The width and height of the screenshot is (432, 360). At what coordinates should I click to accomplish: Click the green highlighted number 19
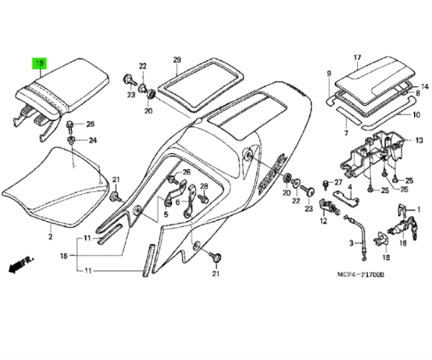coord(40,64)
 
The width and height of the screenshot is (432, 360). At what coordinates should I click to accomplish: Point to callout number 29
coord(176,59)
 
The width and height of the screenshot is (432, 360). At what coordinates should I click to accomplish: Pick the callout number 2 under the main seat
coord(51,235)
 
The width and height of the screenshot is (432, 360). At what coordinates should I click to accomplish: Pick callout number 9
coord(328,74)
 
